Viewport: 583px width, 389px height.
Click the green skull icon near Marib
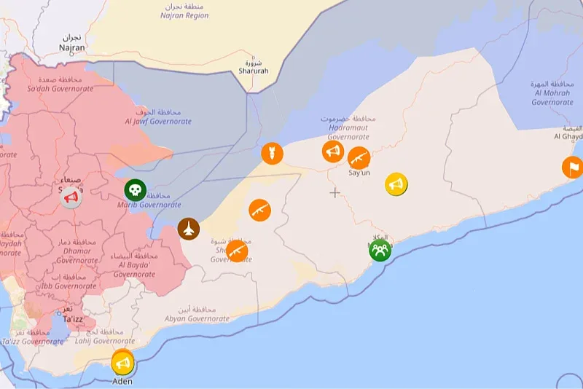click(135, 191)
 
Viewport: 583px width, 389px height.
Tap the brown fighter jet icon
click(189, 229)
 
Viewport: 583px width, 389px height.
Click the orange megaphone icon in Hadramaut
click(333, 152)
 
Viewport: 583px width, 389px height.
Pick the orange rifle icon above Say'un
click(359, 157)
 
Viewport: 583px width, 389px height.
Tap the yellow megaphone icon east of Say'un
click(396, 184)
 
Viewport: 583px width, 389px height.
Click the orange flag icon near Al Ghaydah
click(572, 168)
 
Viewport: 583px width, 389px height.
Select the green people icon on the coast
click(380, 250)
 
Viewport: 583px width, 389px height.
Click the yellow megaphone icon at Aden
click(122, 362)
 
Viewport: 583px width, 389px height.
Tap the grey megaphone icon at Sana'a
click(71, 197)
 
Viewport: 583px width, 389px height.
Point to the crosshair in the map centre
click(334, 192)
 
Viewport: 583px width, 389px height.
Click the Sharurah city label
click(254, 71)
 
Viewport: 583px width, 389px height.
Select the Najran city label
click(72, 47)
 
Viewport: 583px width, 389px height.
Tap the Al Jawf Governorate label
click(158, 122)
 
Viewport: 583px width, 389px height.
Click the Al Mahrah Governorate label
click(552, 98)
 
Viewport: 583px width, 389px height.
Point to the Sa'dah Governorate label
click(60, 88)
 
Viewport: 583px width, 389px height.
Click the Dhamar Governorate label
click(77, 260)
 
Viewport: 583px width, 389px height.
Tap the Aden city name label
click(122, 381)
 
